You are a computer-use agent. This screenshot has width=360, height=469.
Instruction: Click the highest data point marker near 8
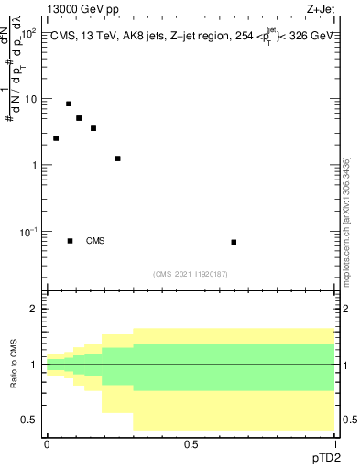tap(69, 104)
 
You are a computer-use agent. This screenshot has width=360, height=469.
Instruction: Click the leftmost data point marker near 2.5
tap(56, 138)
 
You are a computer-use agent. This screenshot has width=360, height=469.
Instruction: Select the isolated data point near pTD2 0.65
tap(234, 242)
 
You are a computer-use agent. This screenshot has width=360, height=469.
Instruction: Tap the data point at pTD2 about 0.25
tap(117, 158)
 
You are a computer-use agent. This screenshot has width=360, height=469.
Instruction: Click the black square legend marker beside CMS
tap(71, 241)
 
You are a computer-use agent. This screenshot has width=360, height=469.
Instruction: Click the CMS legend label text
tap(95, 241)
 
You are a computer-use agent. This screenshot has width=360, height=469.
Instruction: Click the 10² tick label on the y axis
tap(27, 33)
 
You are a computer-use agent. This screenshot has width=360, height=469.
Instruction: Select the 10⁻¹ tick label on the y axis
tap(27, 232)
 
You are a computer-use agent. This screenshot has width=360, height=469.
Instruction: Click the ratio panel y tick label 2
tap(34, 310)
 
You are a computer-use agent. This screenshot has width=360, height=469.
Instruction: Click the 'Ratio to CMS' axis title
tap(15, 365)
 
